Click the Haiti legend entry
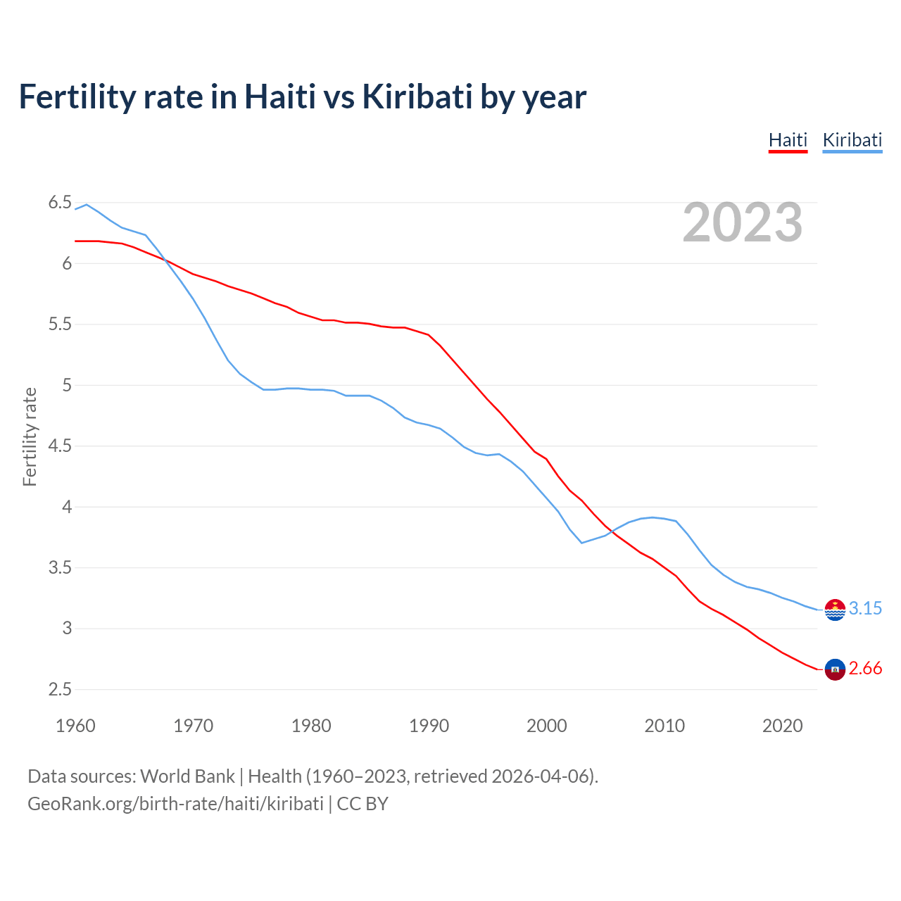pos(788,140)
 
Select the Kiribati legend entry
pos(852,140)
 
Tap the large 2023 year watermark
pos(742,222)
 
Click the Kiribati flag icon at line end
pos(835,610)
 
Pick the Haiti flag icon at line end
pos(835,669)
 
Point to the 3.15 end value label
pos(865,608)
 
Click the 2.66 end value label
pos(865,668)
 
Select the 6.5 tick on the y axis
pos(60,203)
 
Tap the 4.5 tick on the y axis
pos(60,446)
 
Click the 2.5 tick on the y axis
pos(60,689)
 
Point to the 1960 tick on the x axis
pos(75,726)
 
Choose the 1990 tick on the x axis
pos(429,726)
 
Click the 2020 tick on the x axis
pos(782,726)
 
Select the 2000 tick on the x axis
pos(546,726)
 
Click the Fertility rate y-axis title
pos(30,436)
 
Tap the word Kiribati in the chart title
pos(417,96)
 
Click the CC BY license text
pos(363,804)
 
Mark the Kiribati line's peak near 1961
pos(87,204)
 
